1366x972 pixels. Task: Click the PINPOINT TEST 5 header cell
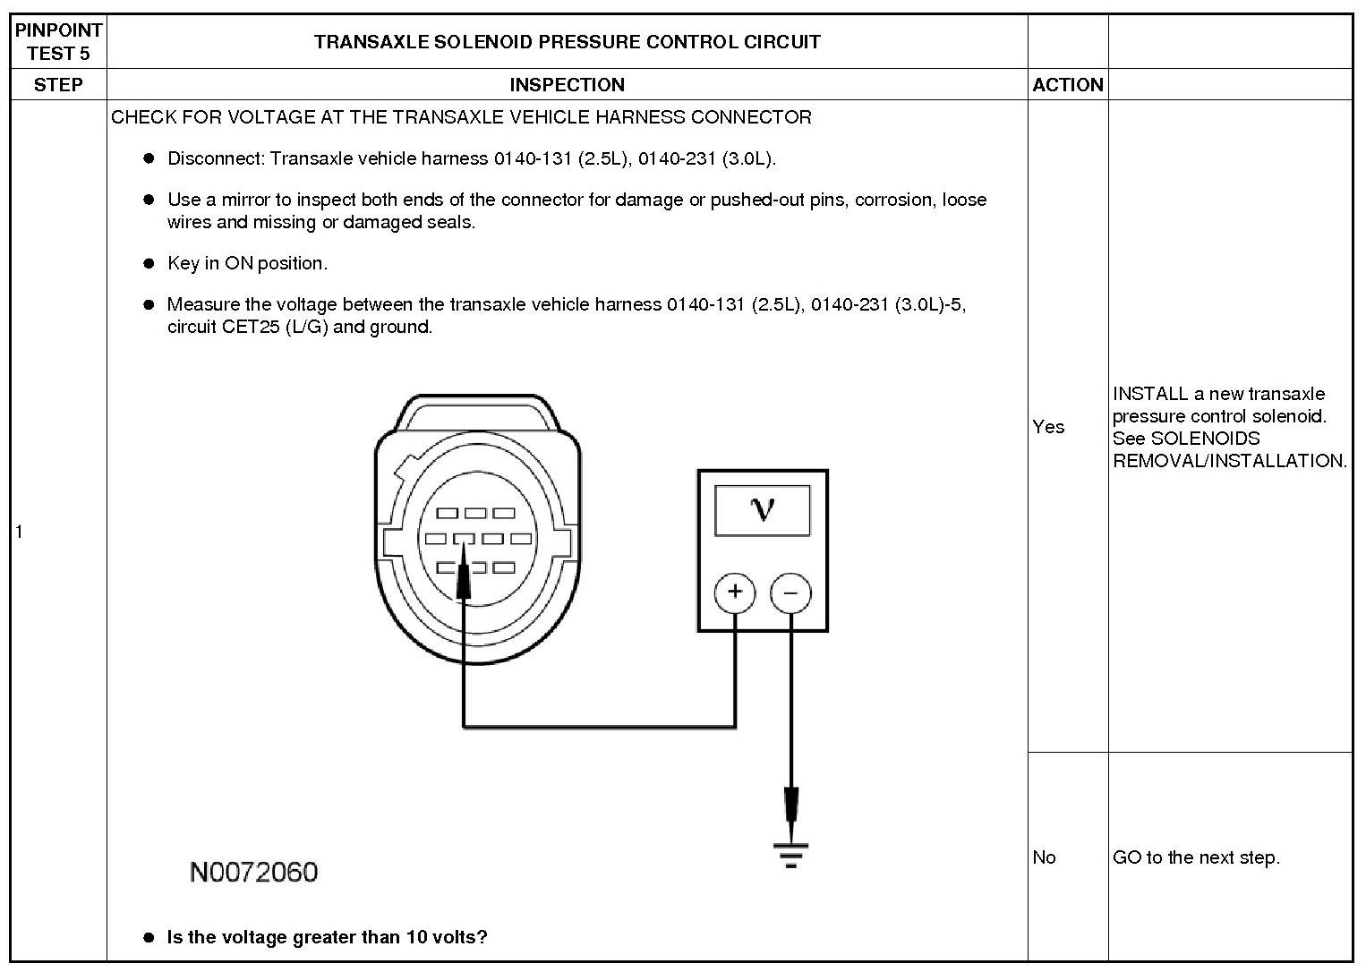tap(58, 42)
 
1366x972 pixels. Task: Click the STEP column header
tap(58, 85)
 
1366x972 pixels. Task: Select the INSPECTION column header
tap(567, 85)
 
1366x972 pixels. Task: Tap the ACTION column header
tap(1067, 85)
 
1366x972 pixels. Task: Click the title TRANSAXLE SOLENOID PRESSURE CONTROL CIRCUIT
tap(567, 42)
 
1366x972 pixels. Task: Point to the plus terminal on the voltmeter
tap(735, 592)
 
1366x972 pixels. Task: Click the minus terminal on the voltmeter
tap(790, 592)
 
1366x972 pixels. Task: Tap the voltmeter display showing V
tap(763, 510)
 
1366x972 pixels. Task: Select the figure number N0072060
tap(253, 872)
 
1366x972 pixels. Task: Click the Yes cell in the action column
tap(1048, 427)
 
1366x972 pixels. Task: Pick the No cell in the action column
tap(1044, 857)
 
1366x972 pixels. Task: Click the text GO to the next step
tap(1196, 857)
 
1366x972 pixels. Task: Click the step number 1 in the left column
tap(19, 532)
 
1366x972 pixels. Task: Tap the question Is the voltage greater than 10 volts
tap(327, 937)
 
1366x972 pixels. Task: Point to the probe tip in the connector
tap(463, 573)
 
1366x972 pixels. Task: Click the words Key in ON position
tap(247, 263)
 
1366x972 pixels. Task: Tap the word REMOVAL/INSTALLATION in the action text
tap(1229, 461)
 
